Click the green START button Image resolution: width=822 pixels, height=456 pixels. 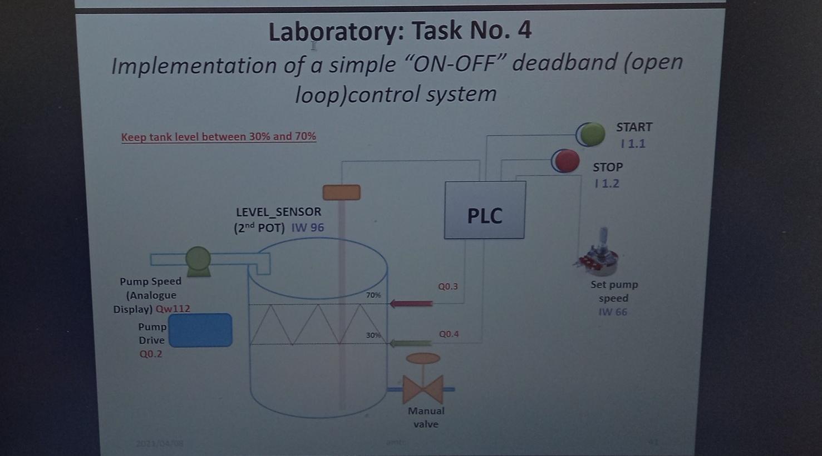(x=591, y=135)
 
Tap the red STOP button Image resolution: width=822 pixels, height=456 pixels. (x=566, y=161)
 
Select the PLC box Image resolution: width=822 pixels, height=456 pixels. (x=485, y=210)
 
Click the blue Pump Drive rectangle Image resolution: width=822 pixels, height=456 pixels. (x=200, y=330)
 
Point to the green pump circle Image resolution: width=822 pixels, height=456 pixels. (x=198, y=259)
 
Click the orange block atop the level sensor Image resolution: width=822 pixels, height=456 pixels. (x=342, y=192)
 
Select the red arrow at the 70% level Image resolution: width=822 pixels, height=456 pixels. (x=411, y=304)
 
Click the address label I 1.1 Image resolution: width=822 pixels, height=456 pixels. (x=633, y=144)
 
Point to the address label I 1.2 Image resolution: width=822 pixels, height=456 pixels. (x=607, y=184)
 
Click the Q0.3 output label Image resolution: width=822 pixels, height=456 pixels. (x=448, y=286)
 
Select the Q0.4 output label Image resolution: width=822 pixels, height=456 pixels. (x=449, y=334)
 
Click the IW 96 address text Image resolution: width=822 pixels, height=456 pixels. (x=308, y=227)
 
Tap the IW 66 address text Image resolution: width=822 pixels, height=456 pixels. (x=613, y=312)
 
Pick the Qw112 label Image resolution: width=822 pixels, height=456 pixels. (x=173, y=309)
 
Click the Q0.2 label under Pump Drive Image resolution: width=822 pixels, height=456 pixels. (x=151, y=354)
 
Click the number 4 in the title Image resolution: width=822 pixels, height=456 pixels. (x=524, y=30)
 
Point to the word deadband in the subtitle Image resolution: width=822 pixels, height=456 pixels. (x=563, y=63)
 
